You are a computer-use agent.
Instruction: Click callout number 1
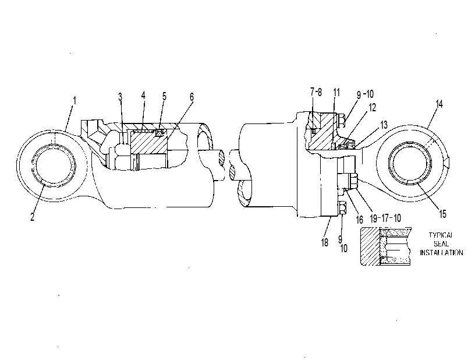75,101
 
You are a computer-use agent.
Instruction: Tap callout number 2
33,217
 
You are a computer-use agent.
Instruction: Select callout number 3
120,97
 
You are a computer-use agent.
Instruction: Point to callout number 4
143,95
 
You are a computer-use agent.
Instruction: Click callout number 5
164,96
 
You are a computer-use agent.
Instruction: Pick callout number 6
192,97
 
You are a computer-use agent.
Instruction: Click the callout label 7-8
316,92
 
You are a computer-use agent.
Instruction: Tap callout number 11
336,92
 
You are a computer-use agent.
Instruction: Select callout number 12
372,107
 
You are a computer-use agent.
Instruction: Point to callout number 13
384,125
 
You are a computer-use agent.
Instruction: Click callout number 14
439,104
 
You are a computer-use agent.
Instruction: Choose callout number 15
442,214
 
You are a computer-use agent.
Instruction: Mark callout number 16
359,220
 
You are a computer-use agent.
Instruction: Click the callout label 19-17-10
385,218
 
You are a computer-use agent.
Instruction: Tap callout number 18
324,242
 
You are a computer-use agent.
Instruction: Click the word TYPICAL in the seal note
441,235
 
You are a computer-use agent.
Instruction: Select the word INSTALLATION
441,252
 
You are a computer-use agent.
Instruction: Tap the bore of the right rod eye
410,164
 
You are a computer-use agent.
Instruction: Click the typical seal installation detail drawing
385,246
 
